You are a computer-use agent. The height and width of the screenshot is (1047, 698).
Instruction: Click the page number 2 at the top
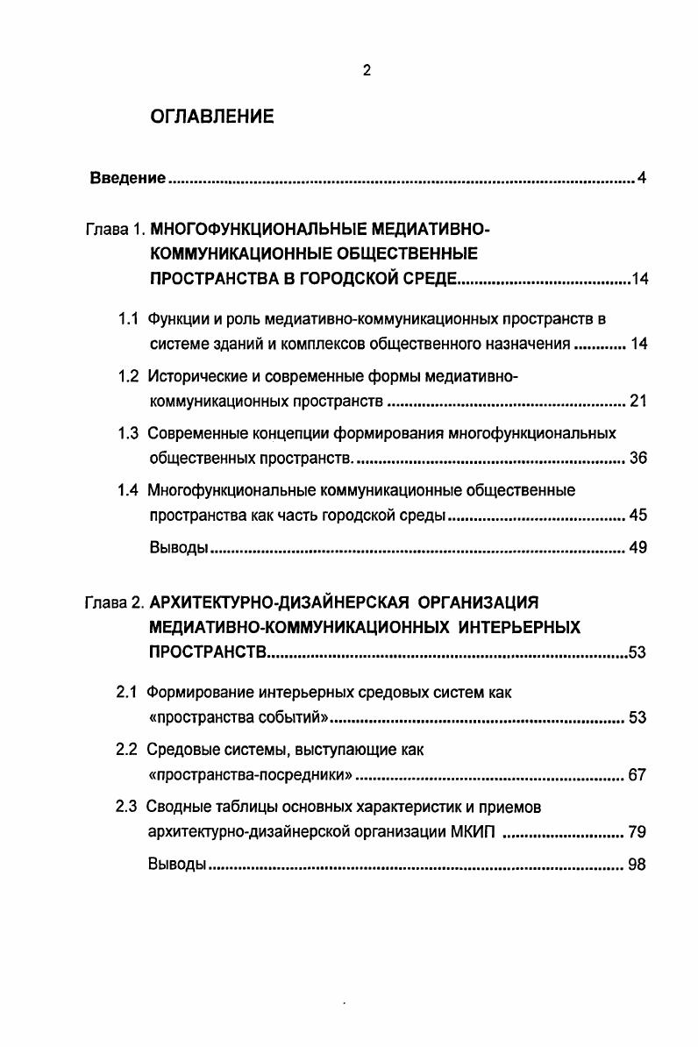[367, 71]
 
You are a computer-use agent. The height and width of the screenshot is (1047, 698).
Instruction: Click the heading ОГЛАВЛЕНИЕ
[212, 117]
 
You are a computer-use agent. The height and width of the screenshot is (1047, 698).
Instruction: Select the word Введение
[128, 180]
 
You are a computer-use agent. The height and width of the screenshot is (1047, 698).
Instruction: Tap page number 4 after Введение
[642, 180]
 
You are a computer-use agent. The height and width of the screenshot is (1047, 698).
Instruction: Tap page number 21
[637, 402]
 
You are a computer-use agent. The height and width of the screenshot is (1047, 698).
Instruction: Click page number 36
[637, 459]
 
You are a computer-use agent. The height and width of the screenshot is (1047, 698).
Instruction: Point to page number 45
[637, 516]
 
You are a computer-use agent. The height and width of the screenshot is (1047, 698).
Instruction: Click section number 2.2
[128, 750]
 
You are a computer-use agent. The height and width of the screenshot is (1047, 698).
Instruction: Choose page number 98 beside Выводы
[637, 865]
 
